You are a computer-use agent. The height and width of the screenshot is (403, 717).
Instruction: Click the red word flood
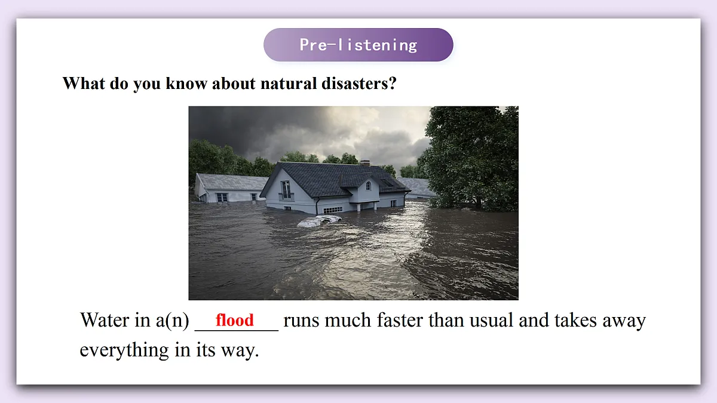[x=235, y=321]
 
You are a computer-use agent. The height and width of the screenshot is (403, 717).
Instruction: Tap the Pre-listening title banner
[x=358, y=45]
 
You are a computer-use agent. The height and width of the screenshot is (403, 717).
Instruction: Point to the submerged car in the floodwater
[x=318, y=221]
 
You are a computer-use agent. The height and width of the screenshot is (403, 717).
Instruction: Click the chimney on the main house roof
[x=364, y=162]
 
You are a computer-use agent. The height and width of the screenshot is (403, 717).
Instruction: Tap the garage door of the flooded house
[x=332, y=210]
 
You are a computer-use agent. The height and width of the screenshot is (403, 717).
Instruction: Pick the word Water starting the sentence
[x=104, y=321]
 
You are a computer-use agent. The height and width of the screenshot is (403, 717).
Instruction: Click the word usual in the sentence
[x=491, y=321]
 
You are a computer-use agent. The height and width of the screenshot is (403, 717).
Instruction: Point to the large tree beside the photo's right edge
[x=472, y=155]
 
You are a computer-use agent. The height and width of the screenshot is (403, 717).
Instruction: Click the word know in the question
[x=185, y=83]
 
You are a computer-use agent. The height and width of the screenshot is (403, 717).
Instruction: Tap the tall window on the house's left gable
[x=286, y=190]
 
